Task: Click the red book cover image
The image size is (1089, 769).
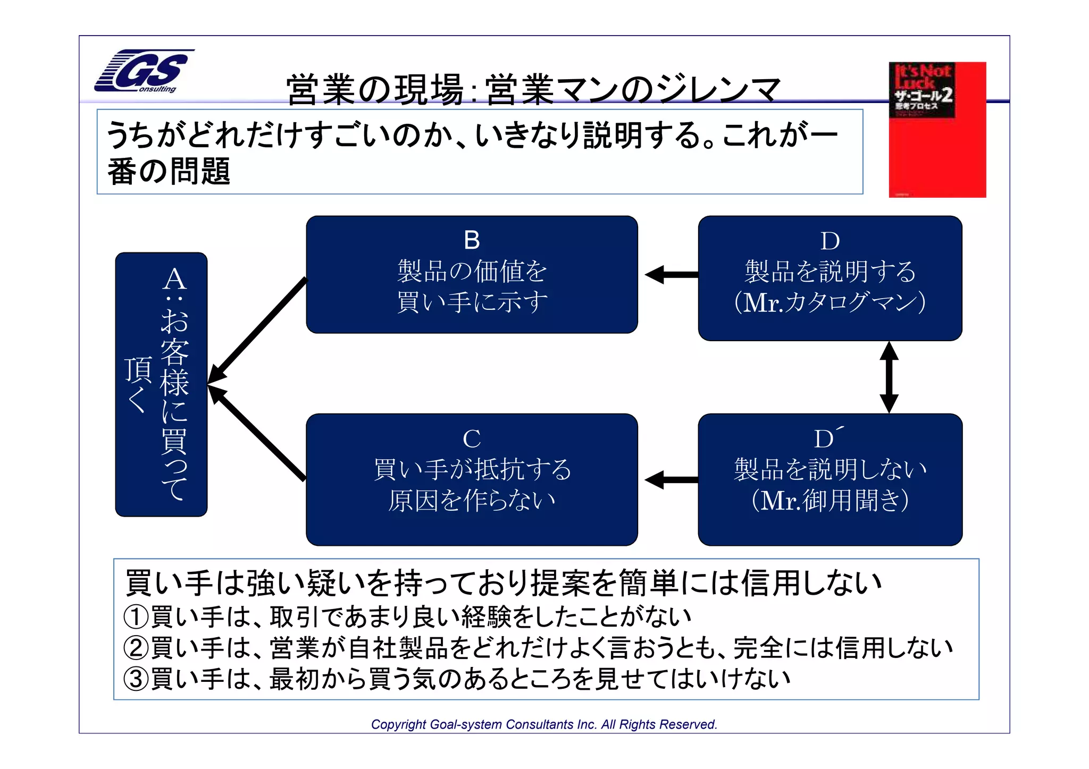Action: pos(937,130)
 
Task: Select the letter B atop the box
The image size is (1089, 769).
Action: pos(472,240)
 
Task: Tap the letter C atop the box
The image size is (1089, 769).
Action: pos(472,439)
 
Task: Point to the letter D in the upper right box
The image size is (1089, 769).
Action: pos(830,241)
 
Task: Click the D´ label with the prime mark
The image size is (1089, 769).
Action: pos(827,438)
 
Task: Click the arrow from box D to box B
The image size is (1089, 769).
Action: pos(671,275)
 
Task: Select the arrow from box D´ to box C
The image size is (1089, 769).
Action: pos(671,480)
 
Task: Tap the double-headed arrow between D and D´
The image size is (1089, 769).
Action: pos(889,377)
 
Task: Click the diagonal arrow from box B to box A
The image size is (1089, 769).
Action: pos(258,329)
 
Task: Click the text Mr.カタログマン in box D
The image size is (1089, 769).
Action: pos(830,302)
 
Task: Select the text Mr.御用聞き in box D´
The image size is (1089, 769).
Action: pos(830,500)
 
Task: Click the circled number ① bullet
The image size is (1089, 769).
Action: pos(136,616)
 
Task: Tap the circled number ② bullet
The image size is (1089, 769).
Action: pos(136,648)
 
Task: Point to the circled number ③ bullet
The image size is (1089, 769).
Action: pos(136,679)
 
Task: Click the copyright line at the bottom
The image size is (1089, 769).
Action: pos(544,724)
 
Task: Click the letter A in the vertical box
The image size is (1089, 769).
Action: pos(174,280)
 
